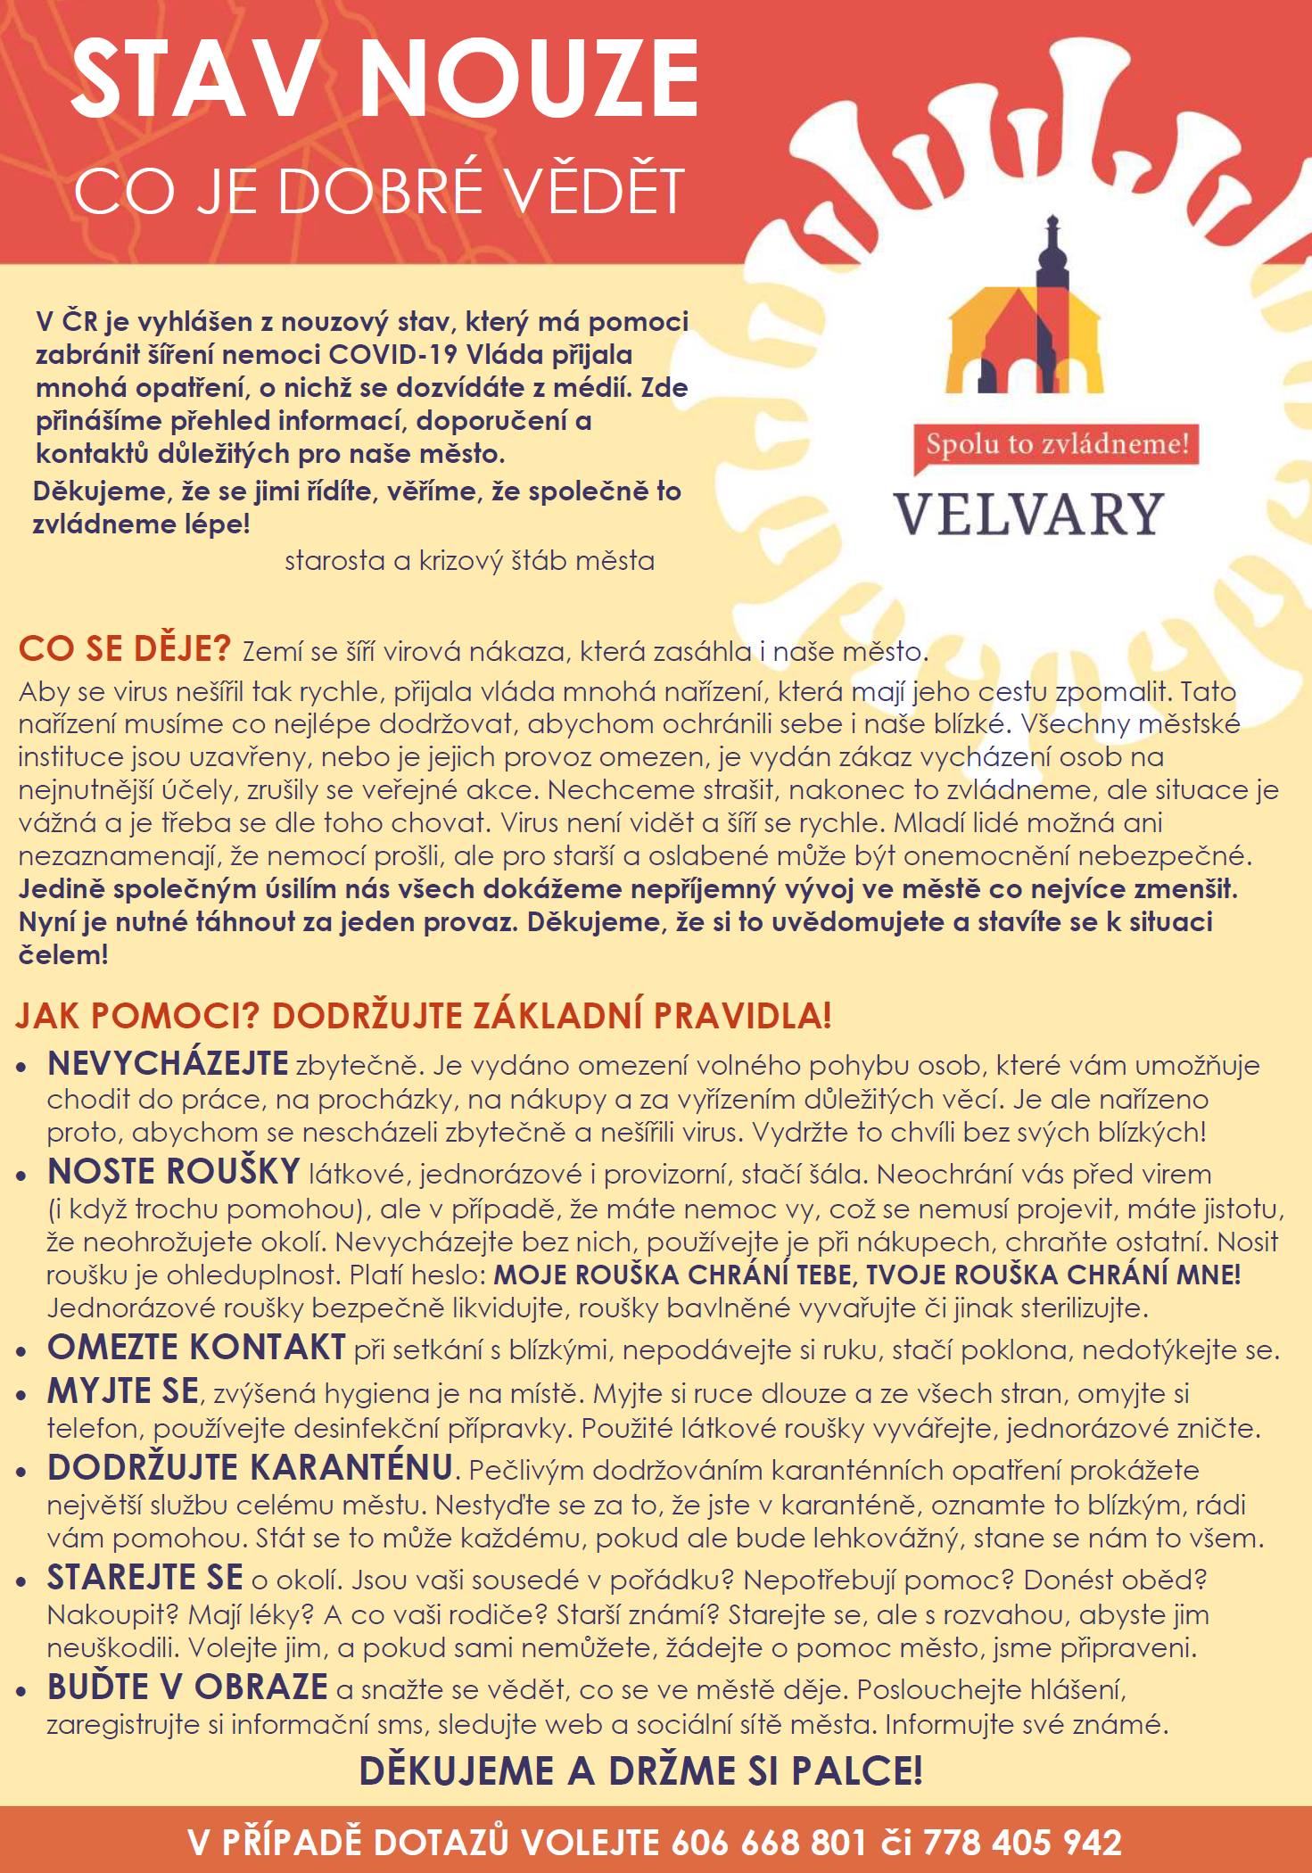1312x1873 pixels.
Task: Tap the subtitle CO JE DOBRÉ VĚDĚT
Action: (x=379, y=190)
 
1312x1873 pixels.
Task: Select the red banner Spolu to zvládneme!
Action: (x=1056, y=444)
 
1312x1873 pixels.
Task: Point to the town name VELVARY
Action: (x=1029, y=515)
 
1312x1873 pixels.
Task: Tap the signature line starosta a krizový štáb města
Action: (x=469, y=561)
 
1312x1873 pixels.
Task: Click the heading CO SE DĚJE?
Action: (x=124, y=648)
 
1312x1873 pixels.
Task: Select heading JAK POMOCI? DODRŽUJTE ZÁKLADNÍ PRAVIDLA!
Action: (x=424, y=1015)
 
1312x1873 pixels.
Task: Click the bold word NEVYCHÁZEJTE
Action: (x=168, y=1063)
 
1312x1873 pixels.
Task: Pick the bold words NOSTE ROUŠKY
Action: (x=173, y=1171)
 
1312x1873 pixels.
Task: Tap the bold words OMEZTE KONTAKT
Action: (x=196, y=1347)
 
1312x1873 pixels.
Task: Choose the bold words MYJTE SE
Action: (x=123, y=1390)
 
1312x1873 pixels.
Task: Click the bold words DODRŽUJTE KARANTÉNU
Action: (x=250, y=1467)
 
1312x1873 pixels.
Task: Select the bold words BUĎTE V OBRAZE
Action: (x=187, y=1687)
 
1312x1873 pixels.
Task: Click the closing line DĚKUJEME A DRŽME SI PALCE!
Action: (x=640, y=1770)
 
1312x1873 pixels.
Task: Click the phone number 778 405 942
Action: (x=1022, y=1842)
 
